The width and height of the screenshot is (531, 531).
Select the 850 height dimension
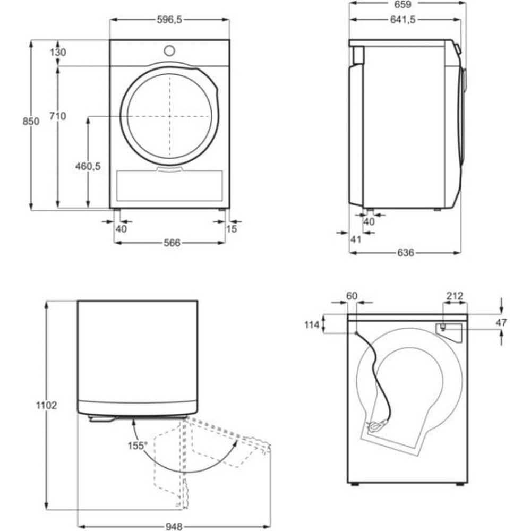(x=31, y=122)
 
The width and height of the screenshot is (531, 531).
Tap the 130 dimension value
(x=58, y=52)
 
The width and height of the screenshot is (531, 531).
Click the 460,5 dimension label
(x=88, y=166)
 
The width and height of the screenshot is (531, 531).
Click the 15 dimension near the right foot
(x=232, y=229)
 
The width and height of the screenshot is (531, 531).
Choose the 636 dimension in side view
(x=405, y=253)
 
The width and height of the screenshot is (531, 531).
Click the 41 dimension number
(x=356, y=239)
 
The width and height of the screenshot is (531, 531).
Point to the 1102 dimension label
(x=47, y=405)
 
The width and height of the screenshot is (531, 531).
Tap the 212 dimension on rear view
(x=455, y=296)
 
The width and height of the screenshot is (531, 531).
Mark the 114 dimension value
(x=313, y=324)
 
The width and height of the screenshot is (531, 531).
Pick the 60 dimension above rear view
(x=352, y=296)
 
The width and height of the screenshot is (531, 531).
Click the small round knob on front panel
(x=169, y=50)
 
